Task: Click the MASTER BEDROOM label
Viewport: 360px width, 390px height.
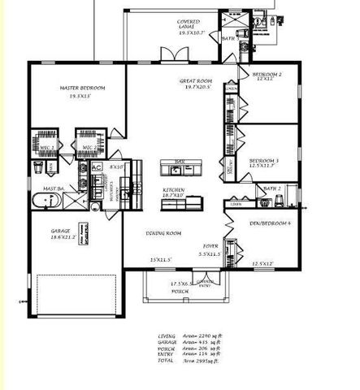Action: (80, 88)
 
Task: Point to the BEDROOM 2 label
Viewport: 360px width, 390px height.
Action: (266, 75)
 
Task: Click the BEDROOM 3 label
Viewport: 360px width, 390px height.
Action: (264, 161)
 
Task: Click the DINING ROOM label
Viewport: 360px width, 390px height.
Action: (163, 232)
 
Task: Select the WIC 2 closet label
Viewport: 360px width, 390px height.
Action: (89, 147)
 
